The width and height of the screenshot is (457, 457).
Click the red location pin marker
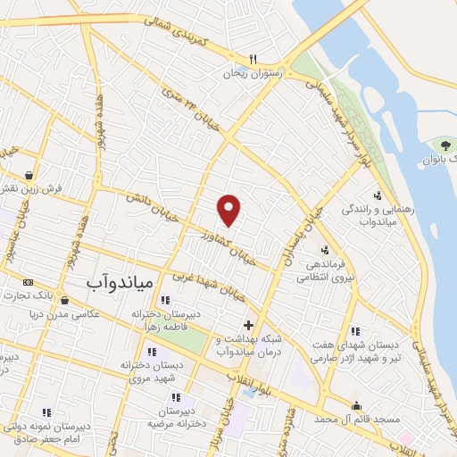tap(229, 210)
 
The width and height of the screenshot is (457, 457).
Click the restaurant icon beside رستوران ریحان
tap(253, 59)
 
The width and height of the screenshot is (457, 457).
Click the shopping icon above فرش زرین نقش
tap(30, 174)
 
